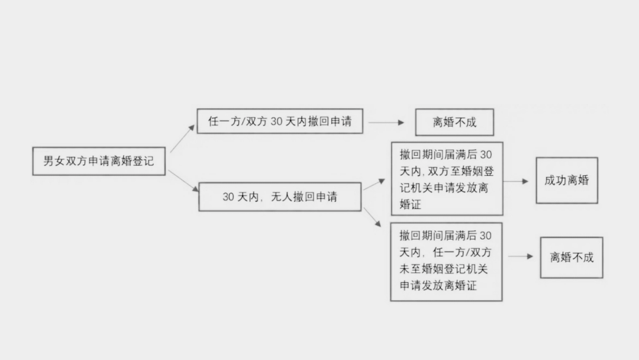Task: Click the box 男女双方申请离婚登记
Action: [x=99, y=160]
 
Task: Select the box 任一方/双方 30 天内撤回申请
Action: [x=280, y=121]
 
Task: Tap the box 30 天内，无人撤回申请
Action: [x=280, y=197]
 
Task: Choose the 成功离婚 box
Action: [x=567, y=181]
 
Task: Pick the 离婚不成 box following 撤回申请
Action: [x=454, y=123]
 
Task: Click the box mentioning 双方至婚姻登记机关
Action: [x=447, y=179]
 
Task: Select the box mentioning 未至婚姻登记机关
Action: [x=446, y=261]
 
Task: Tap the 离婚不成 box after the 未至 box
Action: [x=572, y=257]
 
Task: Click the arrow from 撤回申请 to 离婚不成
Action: [x=386, y=123]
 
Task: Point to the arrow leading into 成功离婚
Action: [x=516, y=181]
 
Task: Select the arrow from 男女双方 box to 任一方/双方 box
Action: [x=182, y=139]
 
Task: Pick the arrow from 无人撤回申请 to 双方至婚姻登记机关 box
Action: [x=375, y=184]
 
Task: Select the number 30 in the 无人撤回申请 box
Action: [x=229, y=197]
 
